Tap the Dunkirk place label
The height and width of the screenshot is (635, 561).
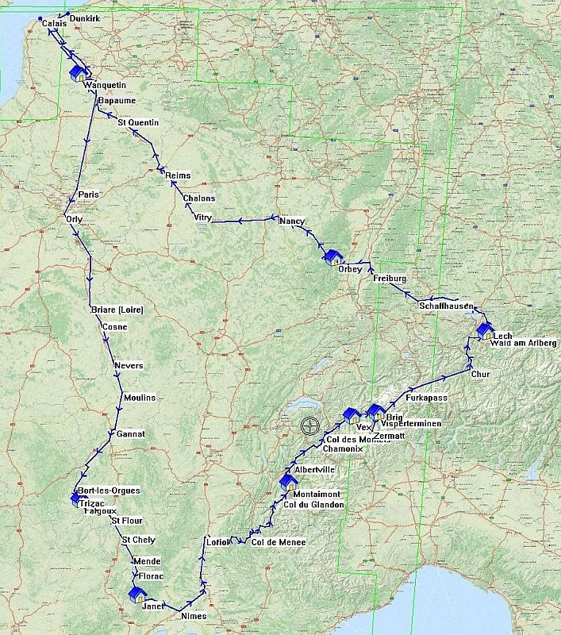[83, 17]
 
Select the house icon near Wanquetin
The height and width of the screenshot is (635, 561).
[79, 73]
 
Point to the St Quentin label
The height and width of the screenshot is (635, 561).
[138, 122]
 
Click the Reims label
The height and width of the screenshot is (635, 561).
[179, 176]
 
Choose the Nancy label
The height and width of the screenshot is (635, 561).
[292, 221]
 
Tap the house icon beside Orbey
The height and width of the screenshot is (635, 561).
[333, 257]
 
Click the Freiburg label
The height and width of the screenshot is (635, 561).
[390, 279]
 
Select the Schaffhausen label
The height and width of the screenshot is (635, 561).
[447, 306]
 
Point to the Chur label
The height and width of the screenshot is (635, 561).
[481, 373]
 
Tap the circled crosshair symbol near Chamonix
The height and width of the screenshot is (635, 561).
[309, 425]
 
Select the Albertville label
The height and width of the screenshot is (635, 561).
[314, 470]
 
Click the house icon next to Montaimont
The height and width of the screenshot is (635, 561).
[288, 482]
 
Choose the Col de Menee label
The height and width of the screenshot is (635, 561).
[278, 542]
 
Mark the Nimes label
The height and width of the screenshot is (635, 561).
[194, 616]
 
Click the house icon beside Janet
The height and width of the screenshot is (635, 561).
[136, 595]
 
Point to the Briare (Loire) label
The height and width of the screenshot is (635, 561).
[117, 310]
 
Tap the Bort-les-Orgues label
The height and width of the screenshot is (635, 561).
[110, 491]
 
